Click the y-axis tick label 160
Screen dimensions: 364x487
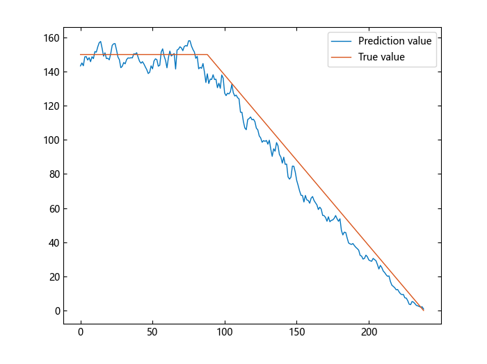click(x=51, y=38)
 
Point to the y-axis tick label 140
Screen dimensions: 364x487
click(x=51, y=72)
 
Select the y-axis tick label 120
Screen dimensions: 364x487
click(x=51, y=106)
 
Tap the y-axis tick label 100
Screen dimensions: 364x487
click(x=51, y=140)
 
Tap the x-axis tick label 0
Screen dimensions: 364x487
click(x=81, y=333)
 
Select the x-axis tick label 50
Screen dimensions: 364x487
click(x=152, y=333)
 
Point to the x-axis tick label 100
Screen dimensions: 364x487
click(x=225, y=333)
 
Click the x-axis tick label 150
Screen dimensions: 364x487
click(x=296, y=333)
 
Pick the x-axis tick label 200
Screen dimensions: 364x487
click(x=369, y=333)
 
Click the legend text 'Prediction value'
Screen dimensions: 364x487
click(x=394, y=41)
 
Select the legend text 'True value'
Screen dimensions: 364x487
click(x=381, y=57)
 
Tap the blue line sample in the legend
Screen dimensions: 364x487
click(x=343, y=41)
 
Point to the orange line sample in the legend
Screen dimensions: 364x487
click(x=343, y=57)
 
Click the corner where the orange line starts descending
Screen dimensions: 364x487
click(x=207, y=54)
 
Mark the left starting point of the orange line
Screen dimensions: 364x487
click(x=81, y=54)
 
